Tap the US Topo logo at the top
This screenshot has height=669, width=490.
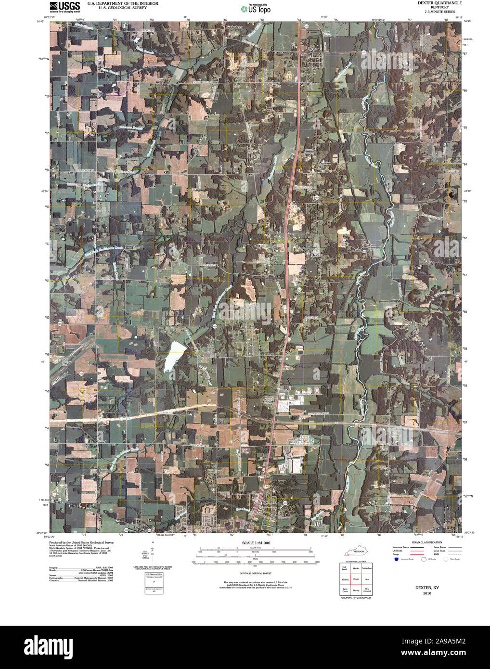(x=257, y=8)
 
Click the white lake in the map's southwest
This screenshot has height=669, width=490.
(x=174, y=357)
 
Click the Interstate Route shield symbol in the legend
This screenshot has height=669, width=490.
(x=396, y=559)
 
